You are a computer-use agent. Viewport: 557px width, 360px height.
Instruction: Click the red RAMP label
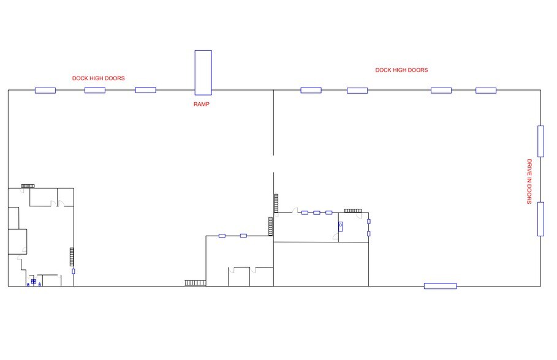(x=202, y=104)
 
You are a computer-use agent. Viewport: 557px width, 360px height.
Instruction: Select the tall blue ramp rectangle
(x=203, y=73)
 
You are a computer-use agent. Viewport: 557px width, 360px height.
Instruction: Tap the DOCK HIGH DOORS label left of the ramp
(x=99, y=78)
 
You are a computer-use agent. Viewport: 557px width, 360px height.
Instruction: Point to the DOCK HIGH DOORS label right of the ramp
(x=401, y=70)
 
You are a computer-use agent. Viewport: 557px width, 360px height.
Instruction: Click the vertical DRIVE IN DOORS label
(x=529, y=181)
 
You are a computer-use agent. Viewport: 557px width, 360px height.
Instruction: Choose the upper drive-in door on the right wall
(x=540, y=141)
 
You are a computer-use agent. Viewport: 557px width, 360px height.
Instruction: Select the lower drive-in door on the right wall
(x=540, y=219)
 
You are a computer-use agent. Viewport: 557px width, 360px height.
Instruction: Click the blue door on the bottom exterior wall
(x=440, y=286)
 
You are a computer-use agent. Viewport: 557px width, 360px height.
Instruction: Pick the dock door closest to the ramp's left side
(x=146, y=90)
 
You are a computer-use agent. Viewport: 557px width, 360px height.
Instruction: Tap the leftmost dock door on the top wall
(x=45, y=90)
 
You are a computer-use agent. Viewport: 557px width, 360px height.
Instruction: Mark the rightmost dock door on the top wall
(x=486, y=91)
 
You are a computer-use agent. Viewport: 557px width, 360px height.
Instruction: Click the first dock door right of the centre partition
(x=311, y=90)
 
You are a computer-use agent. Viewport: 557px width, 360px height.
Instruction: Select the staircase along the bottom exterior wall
(x=195, y=283)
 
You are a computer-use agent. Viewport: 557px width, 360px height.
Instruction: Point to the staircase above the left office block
(x=28, y=186)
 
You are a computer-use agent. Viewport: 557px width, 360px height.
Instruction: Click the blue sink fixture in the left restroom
(x=33, y=282)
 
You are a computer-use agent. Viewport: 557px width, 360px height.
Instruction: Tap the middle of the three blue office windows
(x=317, y=212)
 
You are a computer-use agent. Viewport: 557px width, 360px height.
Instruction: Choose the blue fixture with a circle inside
(x=340, y=226)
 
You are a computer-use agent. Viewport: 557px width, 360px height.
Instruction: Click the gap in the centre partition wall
(x=273, y=163)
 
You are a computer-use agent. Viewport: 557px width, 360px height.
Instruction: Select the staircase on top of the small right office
(x=353, y=211)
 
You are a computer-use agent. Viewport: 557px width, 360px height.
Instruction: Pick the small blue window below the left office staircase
(x=74, y=271)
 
